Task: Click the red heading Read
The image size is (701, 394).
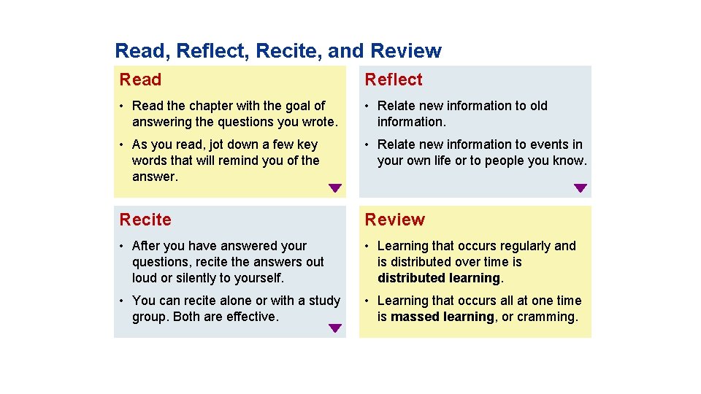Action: [x=140, y=80]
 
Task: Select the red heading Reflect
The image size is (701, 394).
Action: [x=394, y=80]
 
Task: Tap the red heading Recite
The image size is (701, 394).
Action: [x=145, y=220]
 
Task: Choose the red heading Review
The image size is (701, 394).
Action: [x=394, y=220]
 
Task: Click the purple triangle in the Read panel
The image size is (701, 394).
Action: [x=334, y=188]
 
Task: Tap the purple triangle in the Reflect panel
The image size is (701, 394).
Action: [x=580, y=188]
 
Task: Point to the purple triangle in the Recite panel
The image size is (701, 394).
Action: [x=334, y=328]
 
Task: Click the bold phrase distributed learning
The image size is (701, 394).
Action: [x=439, y=278]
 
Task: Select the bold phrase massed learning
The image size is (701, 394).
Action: [x=443, y=317]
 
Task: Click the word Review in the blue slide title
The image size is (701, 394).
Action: [x=406, y=51]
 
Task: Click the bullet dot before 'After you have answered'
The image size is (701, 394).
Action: [x=124, y=246]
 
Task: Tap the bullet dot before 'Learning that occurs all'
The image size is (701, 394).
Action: [x=369, y=301]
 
